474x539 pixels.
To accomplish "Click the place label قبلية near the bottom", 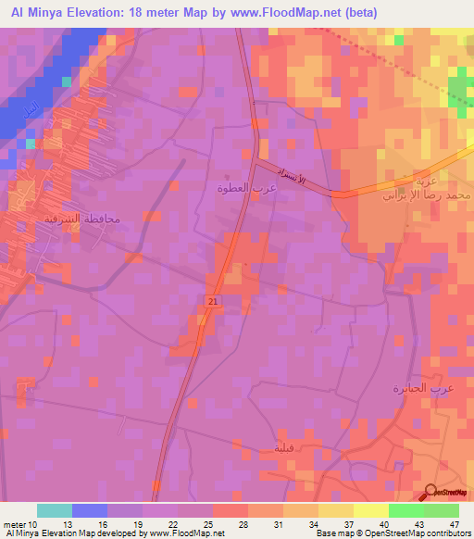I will (x=284, y=449).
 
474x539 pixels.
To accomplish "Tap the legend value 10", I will (x=37, y=524).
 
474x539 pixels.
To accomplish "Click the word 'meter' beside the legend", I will (x=17, y=524).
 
